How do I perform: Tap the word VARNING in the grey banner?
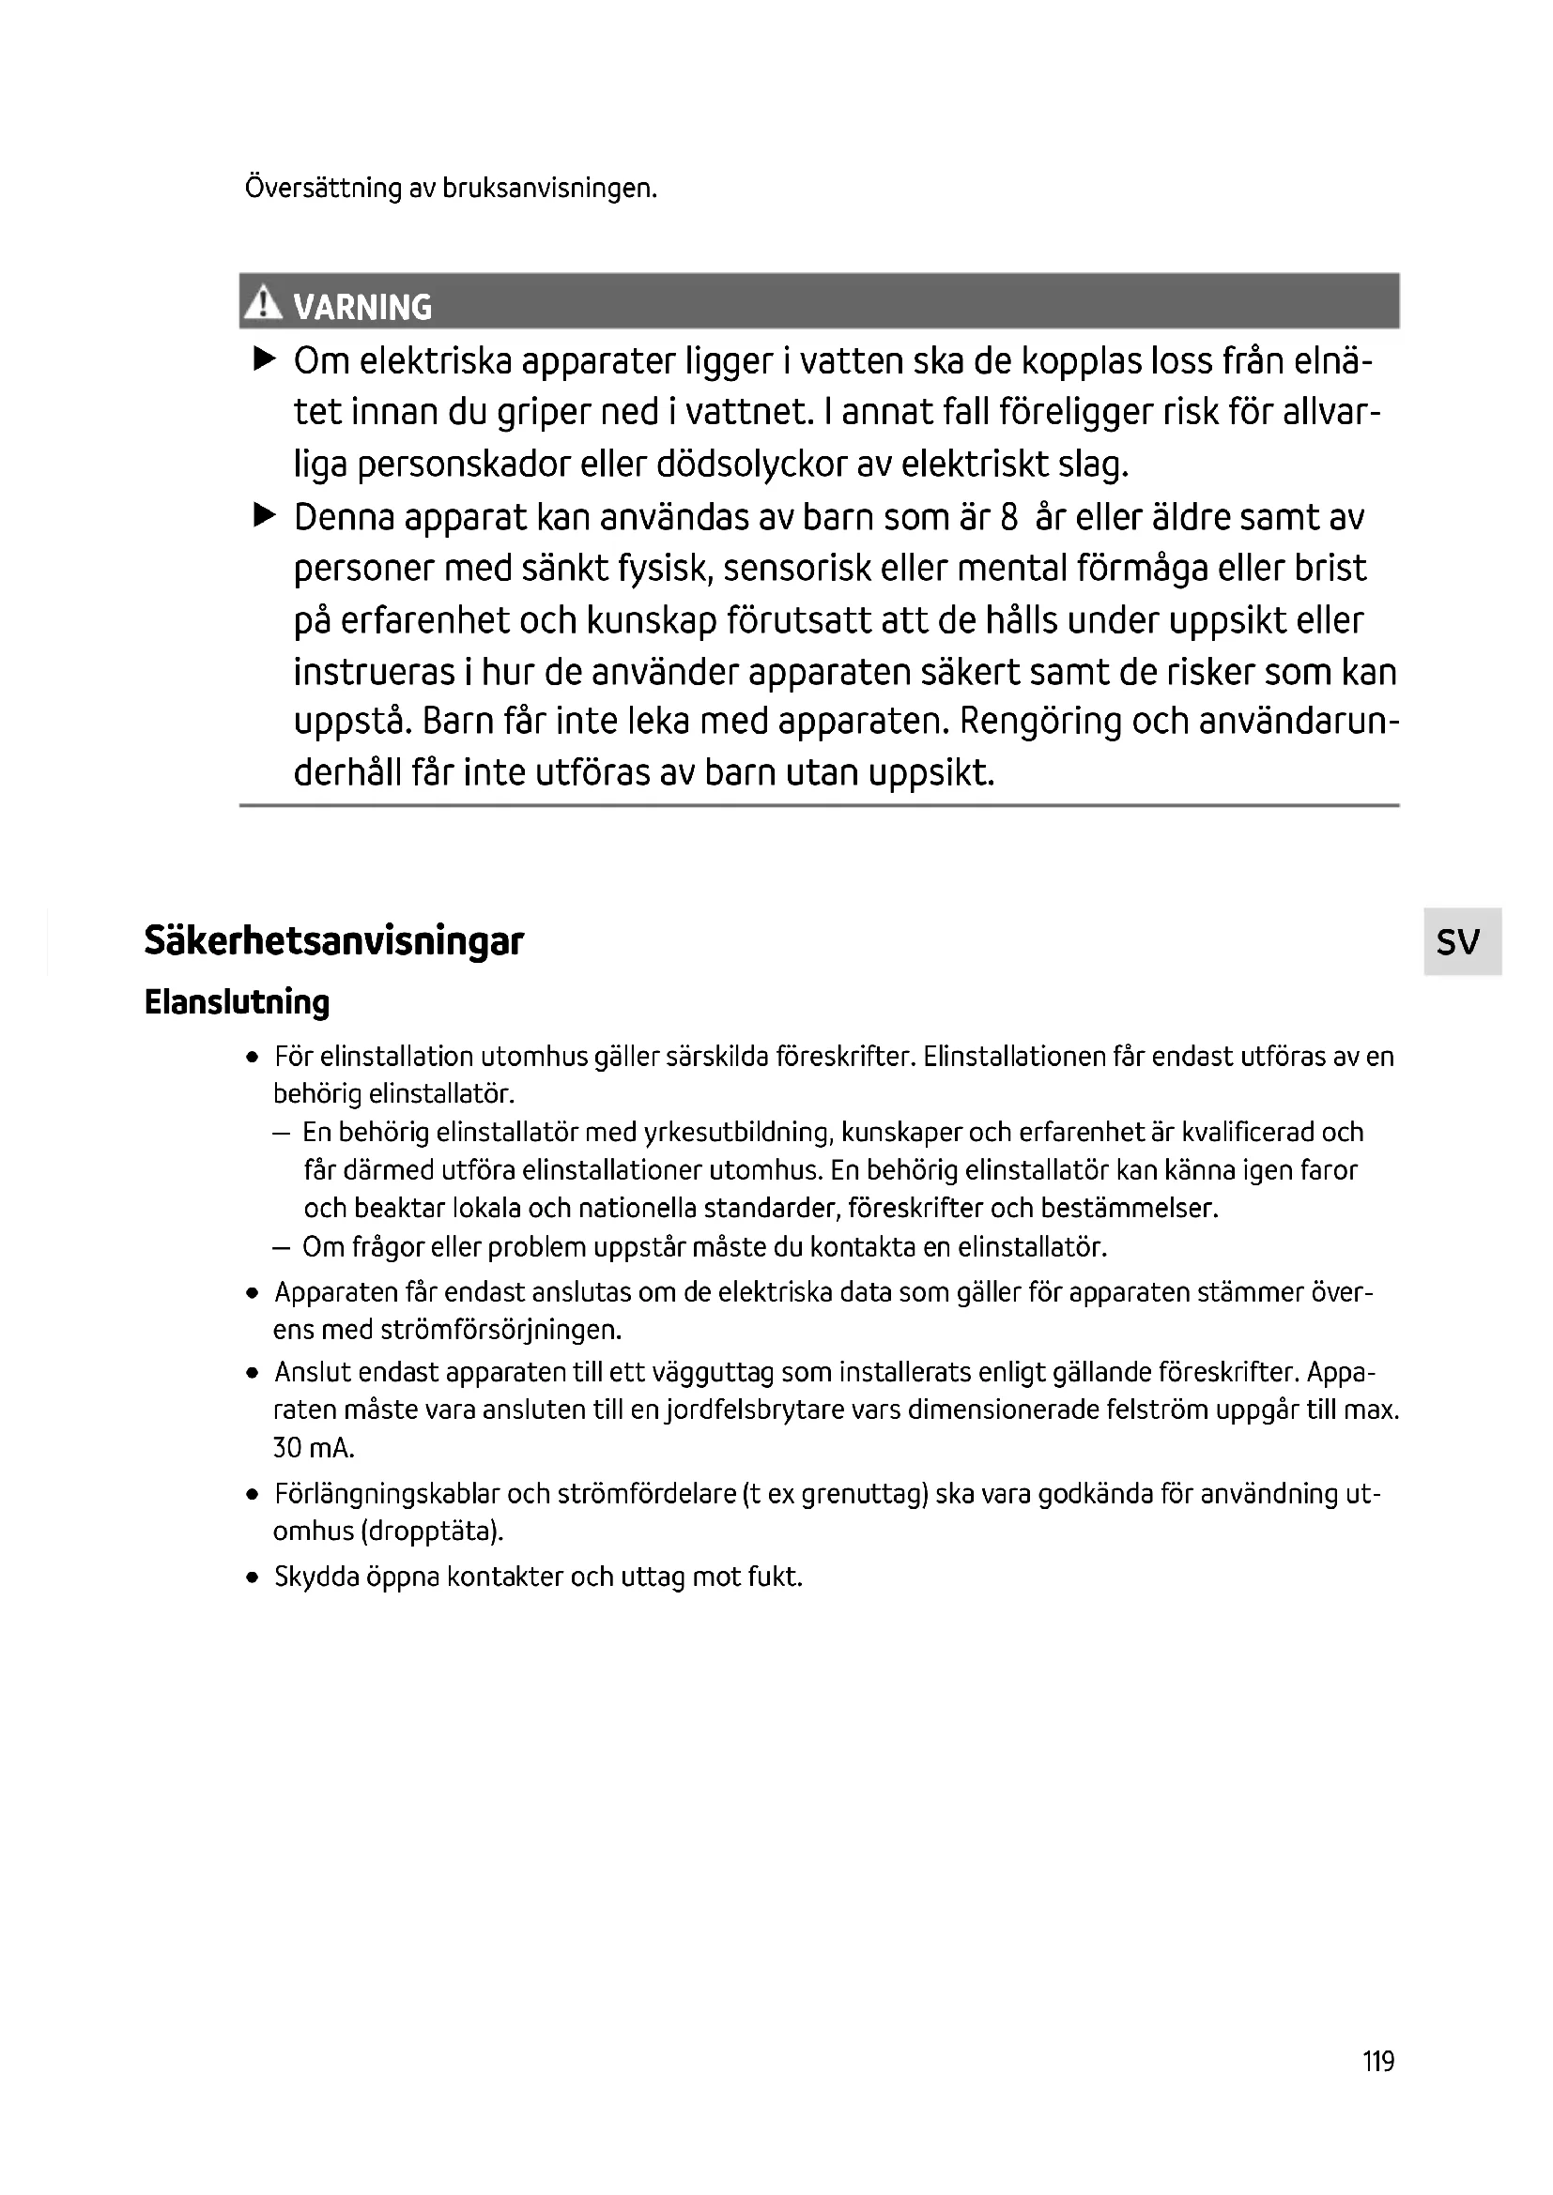tap(362, 307)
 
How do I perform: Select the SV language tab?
tap(1459, 941)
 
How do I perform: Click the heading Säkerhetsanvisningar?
tap(333, 940)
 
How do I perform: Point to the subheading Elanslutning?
tap(237, 1002)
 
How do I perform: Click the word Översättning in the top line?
tap(323, 188)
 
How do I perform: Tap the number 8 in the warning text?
tap(1008, 517)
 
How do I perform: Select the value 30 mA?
tap(314, 1448)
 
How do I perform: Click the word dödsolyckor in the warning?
tap(761, 465)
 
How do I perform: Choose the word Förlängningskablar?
tap(386, 1493)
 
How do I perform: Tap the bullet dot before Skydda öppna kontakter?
tap(252, 1578)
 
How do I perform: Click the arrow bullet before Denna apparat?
tap(264, 516)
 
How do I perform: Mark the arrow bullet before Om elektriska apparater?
tap(264, 359)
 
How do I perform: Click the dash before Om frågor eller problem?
tap(281, 1247)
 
